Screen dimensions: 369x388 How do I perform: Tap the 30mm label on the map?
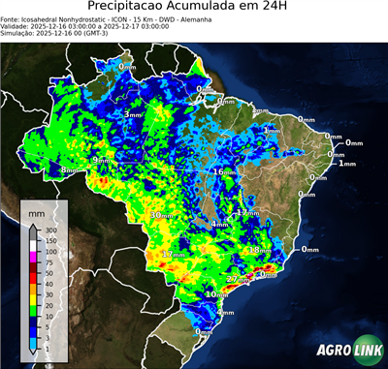[162, 215]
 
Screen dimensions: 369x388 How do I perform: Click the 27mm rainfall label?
[238, 279]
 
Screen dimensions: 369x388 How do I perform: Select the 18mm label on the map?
[261, 250]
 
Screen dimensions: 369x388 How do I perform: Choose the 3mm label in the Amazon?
[132, 115]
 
